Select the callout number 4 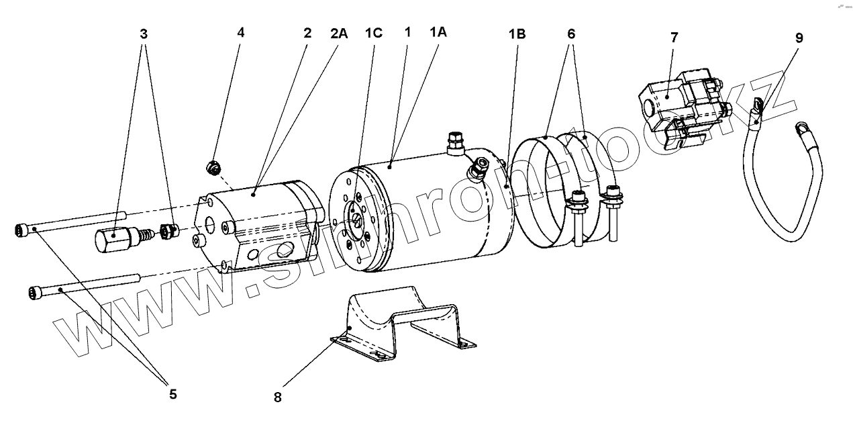click(x=241, y=32)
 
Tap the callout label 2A click(x=339, y=33)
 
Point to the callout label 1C click(x=373, y=33)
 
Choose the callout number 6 click(x=570, y=33)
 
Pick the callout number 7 click(x=674, y=38)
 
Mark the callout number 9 click(x=799, y=38)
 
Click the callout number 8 click(x=278, y=397)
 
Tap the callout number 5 click(x=172, y=394)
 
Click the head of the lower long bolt click(x=36, y=292)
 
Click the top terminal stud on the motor click(x=454, y=140)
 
